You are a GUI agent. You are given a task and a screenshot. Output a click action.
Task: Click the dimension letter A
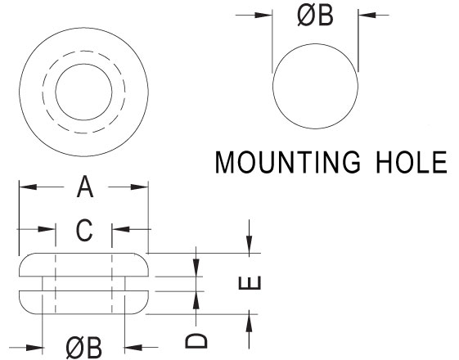coord(85,187)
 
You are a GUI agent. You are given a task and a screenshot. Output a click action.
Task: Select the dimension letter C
coord(84,231)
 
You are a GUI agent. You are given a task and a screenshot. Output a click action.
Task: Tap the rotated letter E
coord(250,283)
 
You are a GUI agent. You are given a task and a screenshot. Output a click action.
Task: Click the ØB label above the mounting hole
coord(315,16)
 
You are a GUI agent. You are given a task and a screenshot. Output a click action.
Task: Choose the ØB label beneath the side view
coord(83,348)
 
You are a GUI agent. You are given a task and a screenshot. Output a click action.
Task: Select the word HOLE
coord(412,162)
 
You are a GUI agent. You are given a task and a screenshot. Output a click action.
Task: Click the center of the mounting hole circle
coord(315,86)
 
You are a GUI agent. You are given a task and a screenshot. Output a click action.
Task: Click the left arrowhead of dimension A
coord(28,187)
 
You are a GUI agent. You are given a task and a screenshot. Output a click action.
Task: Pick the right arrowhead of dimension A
coord(139,187)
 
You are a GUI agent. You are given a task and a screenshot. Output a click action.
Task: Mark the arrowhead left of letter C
coord(47,229)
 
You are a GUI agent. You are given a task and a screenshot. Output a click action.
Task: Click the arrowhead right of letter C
coord(120,229)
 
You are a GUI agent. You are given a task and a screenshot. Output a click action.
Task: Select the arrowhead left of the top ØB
coord(263,16)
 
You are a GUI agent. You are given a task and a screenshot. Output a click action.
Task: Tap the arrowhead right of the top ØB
coord(367,15)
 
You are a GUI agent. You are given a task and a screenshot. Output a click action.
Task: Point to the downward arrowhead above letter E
coord(249,245)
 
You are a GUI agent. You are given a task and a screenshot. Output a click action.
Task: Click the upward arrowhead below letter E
coord(249,323)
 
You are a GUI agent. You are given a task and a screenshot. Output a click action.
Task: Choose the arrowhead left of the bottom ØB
coord(34,348)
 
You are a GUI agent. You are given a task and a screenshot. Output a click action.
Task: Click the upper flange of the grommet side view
coord(83,264)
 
